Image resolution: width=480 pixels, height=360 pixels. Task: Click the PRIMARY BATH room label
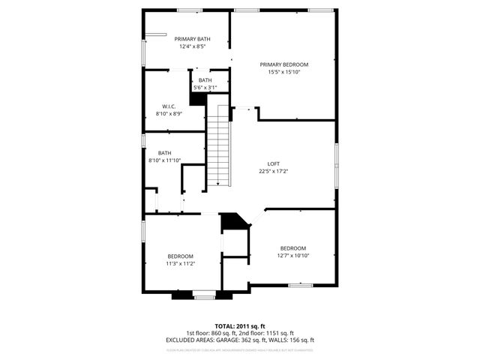[192, 39]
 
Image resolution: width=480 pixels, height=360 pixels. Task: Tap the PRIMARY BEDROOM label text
[283, 64]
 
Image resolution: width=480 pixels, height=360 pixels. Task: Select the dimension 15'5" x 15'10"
[283, 73]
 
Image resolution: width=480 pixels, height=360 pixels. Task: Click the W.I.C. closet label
[169, 106]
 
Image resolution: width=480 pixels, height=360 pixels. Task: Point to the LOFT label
[274, 163]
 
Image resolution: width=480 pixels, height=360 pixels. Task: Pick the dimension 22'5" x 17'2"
[274, 172]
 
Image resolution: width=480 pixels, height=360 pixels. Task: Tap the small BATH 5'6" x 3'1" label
[205, 80]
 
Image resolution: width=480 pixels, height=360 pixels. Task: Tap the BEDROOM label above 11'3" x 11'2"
[180, 256]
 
